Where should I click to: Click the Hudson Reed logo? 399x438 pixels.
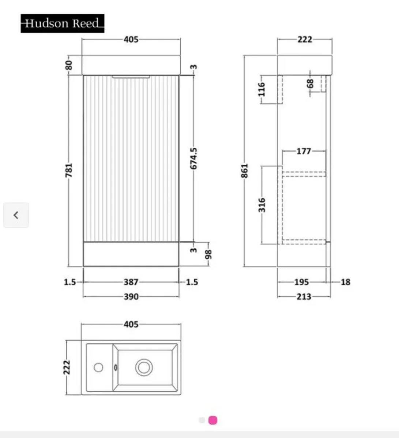(63, 23)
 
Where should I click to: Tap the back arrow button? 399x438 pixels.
(16, 215)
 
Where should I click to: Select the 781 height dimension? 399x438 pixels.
(69, 170)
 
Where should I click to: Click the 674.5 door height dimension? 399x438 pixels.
(194, 158)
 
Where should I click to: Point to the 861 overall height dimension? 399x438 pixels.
(245, 170)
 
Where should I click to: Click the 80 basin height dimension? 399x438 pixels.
(69, 66)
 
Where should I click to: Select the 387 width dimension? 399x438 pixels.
(131, 282)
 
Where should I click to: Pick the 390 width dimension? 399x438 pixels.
(131, 296)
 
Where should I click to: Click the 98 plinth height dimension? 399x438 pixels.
(208, 254)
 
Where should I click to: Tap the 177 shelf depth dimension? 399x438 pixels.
(304, 151)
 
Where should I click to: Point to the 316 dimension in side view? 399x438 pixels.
(262, 205)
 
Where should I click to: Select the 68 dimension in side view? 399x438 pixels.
(310, 84)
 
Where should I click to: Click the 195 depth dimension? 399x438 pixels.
(301, 282)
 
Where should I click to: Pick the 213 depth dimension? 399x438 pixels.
(304, 296)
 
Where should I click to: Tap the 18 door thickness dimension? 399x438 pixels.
(345, 282)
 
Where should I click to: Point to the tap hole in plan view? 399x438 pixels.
(98, 367)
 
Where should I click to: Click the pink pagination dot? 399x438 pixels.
(213, 420)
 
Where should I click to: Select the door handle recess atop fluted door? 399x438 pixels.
(131, 77)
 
